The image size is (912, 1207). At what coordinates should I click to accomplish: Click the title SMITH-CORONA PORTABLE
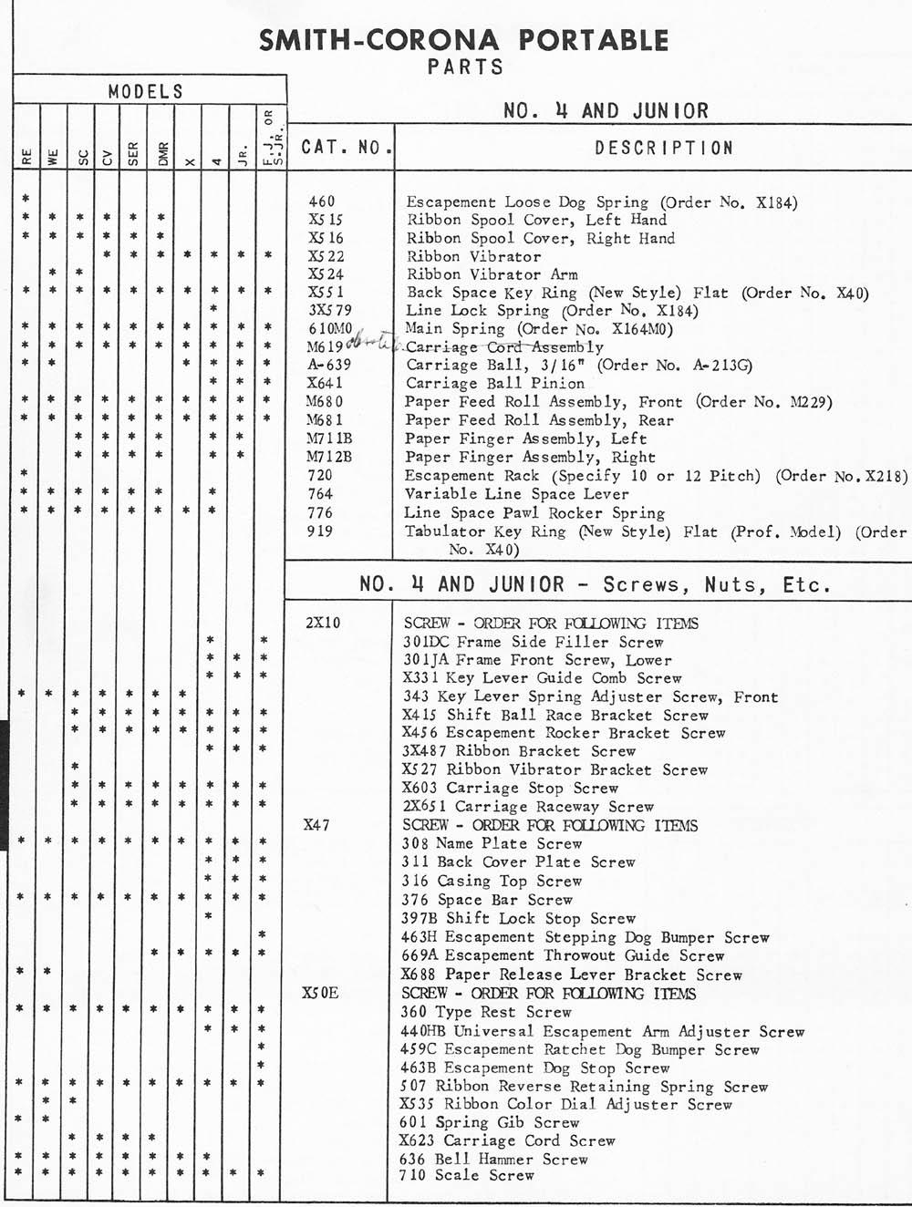[x=464, y=40]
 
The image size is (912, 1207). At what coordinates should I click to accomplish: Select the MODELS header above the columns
[x=146, y=91]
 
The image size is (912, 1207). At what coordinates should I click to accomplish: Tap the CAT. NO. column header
[x=347, y=147]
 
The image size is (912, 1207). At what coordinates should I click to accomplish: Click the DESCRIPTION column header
[x=663, y=148]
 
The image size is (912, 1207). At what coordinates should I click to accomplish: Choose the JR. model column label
[x=242, y=155]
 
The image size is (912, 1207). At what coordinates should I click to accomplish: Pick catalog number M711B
[x=329, y=438]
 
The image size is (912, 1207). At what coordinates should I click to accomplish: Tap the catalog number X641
[x=326, y=383]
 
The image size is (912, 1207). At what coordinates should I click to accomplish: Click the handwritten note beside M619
[x=374, y=345]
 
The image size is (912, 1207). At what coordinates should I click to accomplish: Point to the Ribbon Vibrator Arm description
[x=492, y=274]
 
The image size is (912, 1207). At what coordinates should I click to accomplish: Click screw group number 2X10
[x=323, y=624]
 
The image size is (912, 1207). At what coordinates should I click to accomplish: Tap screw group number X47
[x=316, y=825]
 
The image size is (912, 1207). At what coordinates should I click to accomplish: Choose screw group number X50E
[x=320, y=993]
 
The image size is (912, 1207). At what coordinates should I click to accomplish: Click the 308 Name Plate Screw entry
[x=492, y=843]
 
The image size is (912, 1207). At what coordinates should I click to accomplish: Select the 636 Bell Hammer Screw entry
[x=493, y=1159]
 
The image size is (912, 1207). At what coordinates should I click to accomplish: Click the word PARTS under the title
[x=464, y=67]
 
